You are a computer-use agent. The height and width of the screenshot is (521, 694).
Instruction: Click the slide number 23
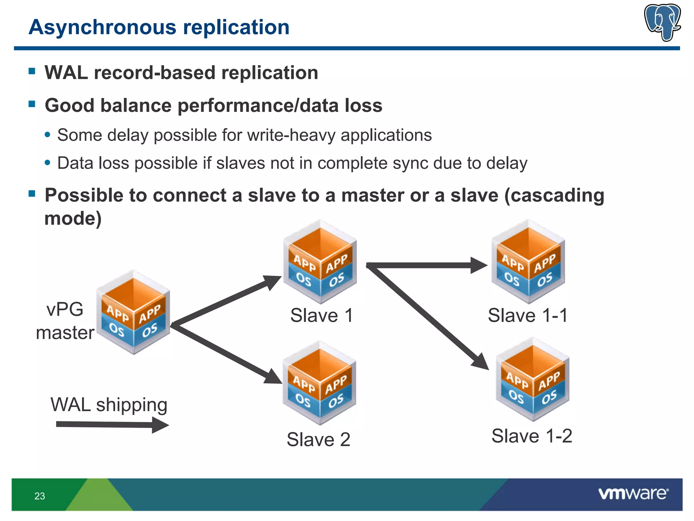[40, 496]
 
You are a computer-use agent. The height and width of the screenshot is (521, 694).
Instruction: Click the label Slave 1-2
[532, 436]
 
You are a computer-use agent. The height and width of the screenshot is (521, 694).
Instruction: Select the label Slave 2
[318, 440]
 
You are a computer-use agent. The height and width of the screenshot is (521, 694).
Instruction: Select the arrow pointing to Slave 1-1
[427, 265]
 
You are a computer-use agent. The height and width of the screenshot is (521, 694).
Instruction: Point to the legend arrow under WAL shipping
[112, 425]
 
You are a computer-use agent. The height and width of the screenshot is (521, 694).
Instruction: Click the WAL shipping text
[109, 405]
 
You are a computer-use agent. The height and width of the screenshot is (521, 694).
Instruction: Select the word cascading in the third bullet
[554, 196]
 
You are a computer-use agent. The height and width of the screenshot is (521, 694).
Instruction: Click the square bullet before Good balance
[32, 104]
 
